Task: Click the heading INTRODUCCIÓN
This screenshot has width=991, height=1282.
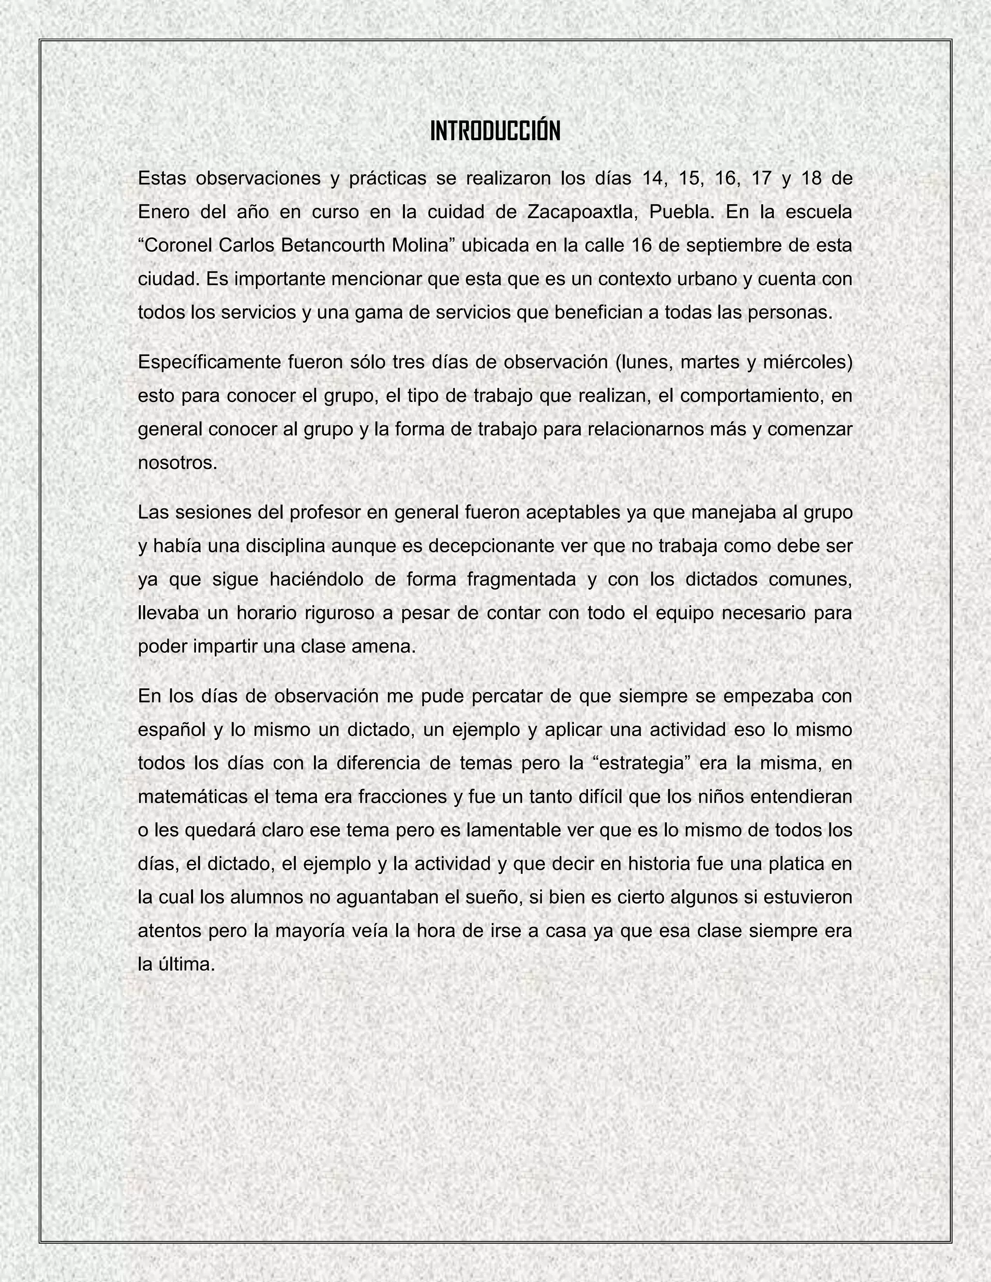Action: [495, 131]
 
